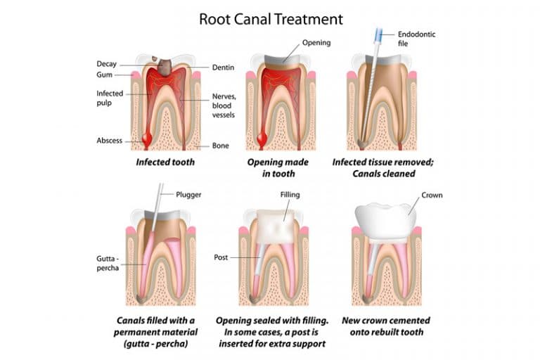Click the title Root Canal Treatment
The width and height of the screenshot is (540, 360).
click(271, 18)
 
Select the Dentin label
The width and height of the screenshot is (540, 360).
click(224, 67)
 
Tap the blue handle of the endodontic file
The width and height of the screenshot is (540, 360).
click(380, 33)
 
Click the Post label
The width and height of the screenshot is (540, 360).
click(221, 257)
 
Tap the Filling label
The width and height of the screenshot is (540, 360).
click(291, 194)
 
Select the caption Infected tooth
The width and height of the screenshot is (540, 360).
click(165, 162)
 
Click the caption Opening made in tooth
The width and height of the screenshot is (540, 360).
click(271, 167)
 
